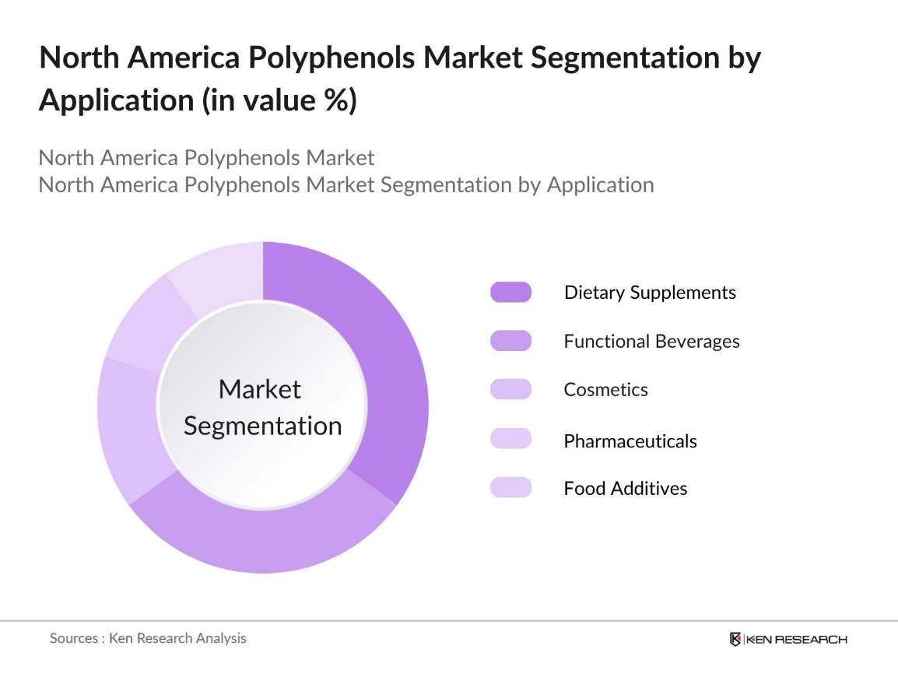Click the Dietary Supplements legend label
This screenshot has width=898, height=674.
[650, 293]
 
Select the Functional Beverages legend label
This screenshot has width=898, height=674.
[651, 341]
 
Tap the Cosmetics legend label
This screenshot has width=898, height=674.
[605, 389]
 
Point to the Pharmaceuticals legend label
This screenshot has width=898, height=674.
[630, 441]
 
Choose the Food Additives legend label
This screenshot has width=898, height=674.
[625, 489]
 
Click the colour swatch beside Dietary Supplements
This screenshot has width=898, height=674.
[510, 293]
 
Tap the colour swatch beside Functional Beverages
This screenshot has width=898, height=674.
[510, 341]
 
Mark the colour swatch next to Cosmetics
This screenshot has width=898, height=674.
[510, 389]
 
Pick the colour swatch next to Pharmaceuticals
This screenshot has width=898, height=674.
[510, 439]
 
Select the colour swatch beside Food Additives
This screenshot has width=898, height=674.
[510, 488]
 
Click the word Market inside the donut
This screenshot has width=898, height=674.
[259, 389]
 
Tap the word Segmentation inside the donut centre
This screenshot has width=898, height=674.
[262, 426]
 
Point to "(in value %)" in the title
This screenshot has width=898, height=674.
[280, 100]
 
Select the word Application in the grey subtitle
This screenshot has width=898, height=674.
[599, 184]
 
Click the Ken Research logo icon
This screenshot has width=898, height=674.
[735, 640]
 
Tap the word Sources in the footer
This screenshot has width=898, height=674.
[73, 638]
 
